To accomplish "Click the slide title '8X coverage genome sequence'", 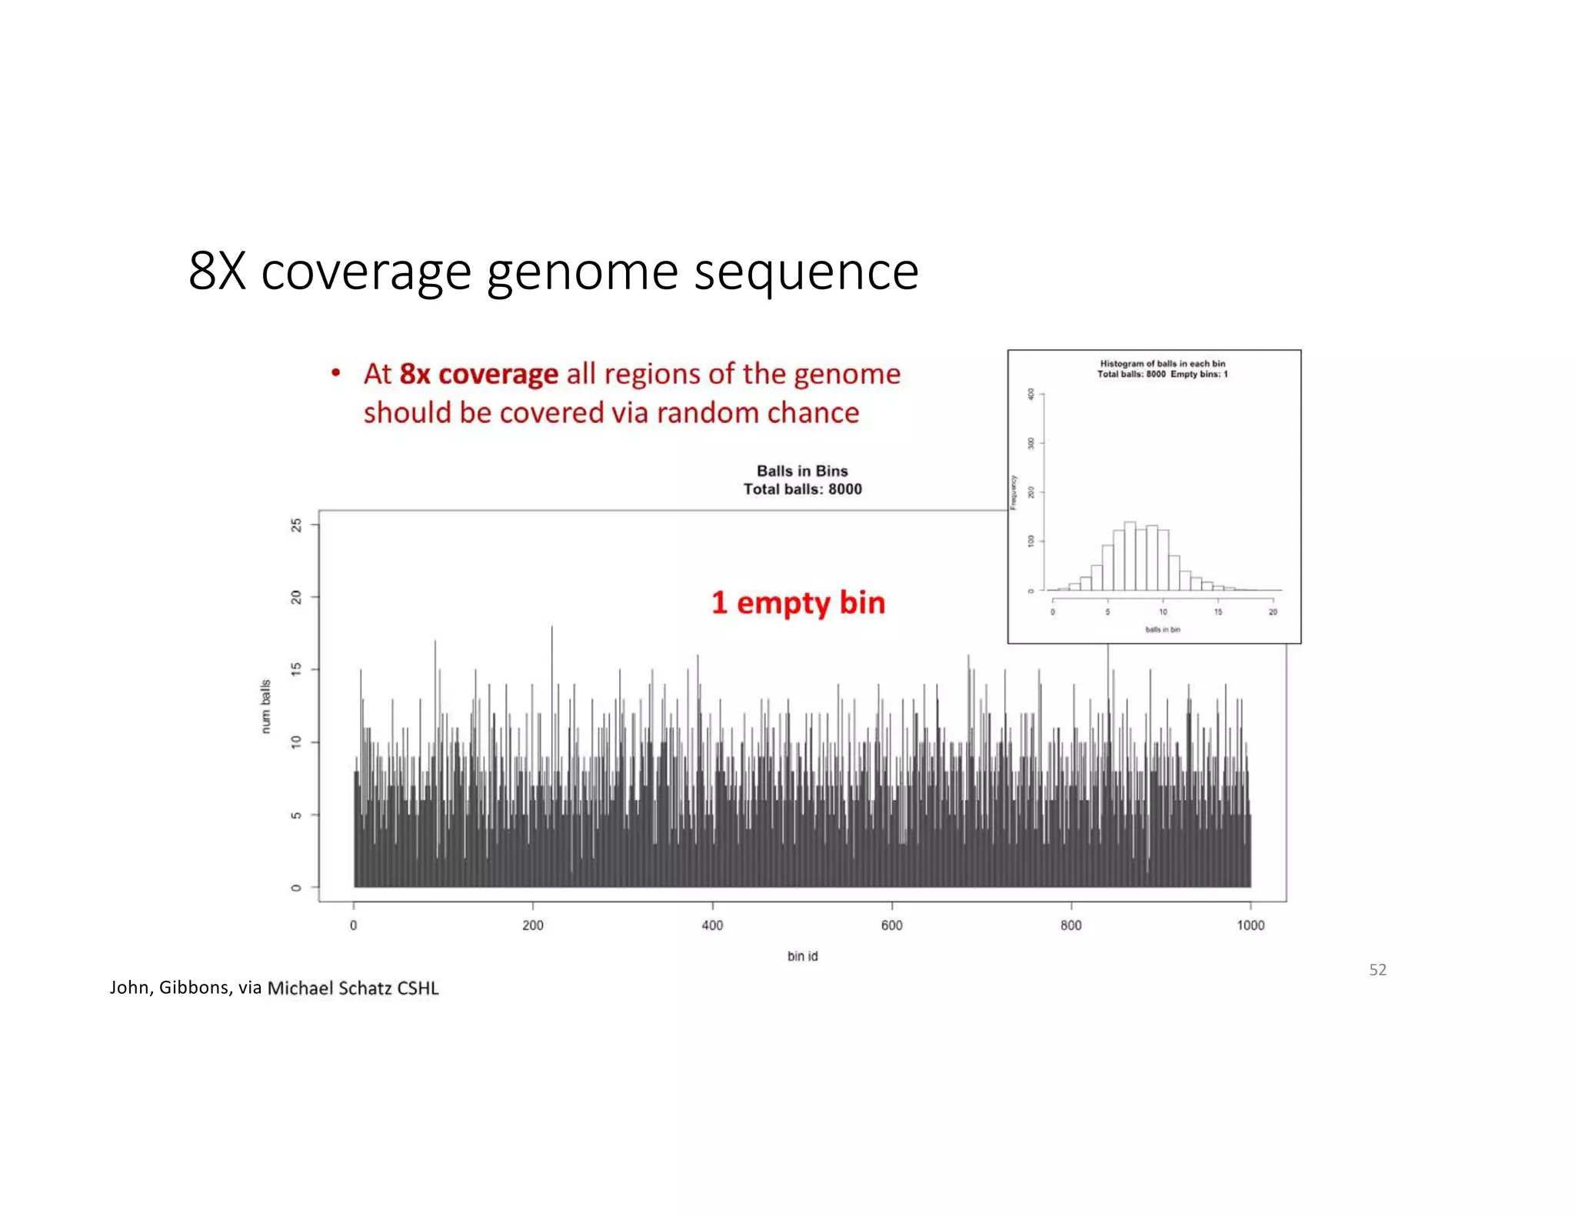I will [553, 271].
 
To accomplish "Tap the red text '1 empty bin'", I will [797, 602].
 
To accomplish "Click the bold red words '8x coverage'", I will [478, 374].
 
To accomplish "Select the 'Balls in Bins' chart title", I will [802, 471].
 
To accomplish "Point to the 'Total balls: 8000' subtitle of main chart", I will [802, 489].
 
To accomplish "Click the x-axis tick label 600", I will [891, 925].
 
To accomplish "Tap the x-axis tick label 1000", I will [1250, 925].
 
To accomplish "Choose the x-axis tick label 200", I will [532, 925].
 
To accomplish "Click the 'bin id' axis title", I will [802, 956].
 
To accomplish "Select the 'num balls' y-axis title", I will [266, 706].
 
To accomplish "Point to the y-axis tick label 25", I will [296, 525].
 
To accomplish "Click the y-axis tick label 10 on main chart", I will [296, 742].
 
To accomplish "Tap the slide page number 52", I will [1377, 970].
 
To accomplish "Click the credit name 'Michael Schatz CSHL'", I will [353, 989].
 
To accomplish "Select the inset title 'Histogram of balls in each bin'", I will [1162, 363].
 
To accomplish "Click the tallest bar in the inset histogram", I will [1130, 558].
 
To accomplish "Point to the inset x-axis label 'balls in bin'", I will [1162, 629].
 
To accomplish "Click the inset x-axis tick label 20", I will [1273, 612].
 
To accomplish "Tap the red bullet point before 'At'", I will [336, 373].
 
